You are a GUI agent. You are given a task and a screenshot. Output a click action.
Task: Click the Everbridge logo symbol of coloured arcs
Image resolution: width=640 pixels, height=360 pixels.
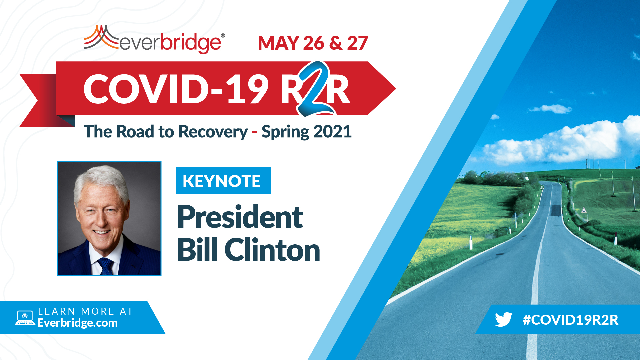(x=101, y=37)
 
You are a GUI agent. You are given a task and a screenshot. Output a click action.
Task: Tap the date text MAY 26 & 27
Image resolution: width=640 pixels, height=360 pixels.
(x=313, y=43)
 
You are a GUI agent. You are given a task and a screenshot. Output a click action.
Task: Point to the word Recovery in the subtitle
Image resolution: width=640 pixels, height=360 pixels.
(x=213, y=132)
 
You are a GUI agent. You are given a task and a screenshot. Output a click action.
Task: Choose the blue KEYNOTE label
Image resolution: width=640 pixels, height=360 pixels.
(x=223, y=181)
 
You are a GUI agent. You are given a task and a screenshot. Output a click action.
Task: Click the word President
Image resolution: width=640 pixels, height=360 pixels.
(x=240, y=217)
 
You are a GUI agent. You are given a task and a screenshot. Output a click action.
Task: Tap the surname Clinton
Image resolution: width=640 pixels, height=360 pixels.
(x=272, y=250)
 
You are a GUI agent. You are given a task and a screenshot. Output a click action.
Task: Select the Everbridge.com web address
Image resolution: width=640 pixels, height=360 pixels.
(x=77, y=323)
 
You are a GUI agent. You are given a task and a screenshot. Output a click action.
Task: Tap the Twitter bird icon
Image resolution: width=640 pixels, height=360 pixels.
(x=503, y=319)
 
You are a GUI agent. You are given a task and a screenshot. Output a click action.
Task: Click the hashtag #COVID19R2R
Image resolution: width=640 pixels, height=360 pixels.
(x=571, y=320)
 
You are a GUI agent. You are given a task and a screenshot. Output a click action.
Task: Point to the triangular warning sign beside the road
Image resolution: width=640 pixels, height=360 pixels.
(x=584, y=210)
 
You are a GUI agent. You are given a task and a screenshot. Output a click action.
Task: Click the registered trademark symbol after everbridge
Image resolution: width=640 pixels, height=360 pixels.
(x=223, y=35)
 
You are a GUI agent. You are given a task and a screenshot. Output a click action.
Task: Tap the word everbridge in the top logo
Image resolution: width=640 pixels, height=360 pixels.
(x=170, y=43)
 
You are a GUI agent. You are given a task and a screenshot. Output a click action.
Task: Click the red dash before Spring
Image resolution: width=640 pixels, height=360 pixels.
(x=255, y=133)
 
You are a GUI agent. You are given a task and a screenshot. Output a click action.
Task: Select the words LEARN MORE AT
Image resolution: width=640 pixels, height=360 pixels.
(x=86, y=311)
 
